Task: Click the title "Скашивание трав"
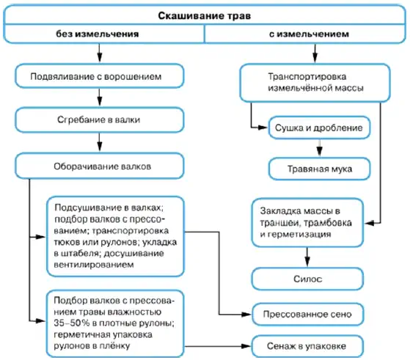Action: point(204,15)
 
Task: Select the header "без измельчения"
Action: point(98,34)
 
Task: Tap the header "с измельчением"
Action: point(309,34)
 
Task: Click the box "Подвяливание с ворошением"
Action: point(99,76)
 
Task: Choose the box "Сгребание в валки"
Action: point(99,120)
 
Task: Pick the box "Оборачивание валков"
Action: point(99,166)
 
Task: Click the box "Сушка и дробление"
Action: point(319,128)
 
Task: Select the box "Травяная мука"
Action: point(319,169)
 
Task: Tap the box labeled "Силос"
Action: point(307,279)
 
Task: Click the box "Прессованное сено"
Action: point(307,315)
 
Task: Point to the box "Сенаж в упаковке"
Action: point(307,346)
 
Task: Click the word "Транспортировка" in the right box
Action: point(307,76)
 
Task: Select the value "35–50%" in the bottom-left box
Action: point(71,323)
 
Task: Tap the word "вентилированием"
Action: point(94,265)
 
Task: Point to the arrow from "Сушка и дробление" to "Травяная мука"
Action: point(319,148)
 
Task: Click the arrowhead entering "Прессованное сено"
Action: point(246,315)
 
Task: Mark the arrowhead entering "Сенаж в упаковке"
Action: point(246,346)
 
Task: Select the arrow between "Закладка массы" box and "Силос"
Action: point(307,257)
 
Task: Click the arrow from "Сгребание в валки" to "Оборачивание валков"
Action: point(99,143)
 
